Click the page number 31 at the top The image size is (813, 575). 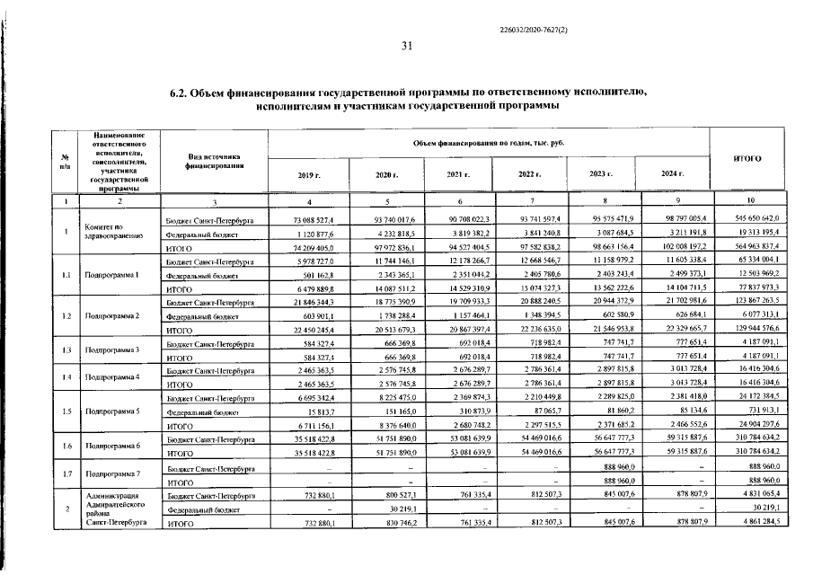coord(406,47)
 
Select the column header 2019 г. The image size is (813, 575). coord(309,173)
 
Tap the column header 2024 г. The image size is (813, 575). coord(673,173)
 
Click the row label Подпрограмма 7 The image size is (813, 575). coord(111,473)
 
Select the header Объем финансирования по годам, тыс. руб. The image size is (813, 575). coord(490,143)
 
